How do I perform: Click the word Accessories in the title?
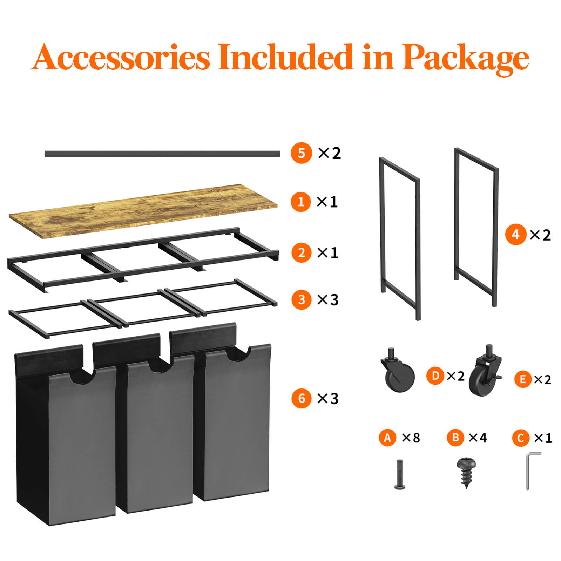[120, 56]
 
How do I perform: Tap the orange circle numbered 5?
[301, 153]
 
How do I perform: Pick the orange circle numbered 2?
[302, 252]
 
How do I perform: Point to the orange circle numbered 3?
[302, 300]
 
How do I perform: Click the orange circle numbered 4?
[516, 234]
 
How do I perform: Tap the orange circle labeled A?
[387, 438]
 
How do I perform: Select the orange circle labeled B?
[455, 438]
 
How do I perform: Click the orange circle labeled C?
[521, 438]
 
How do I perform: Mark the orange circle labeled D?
[435, 376]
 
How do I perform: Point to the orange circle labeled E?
[523, 379]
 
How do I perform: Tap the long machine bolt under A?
[400, 474]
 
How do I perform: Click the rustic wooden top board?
[143, 211]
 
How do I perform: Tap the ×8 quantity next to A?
[411, 438]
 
